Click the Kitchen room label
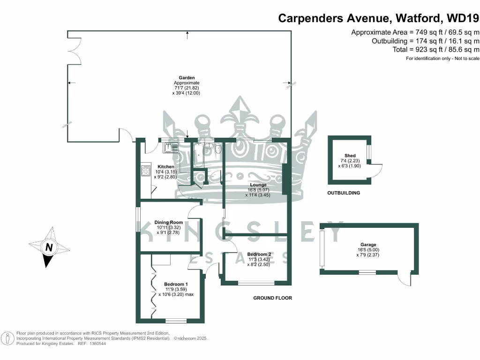point(166,167)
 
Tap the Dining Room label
point(169,222)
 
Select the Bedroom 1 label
point(176,284)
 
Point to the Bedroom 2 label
point(259,254)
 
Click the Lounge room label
point(258,185)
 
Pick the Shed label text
point(350,156)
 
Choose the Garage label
point(368,245)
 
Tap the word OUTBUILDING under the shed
point(344,193)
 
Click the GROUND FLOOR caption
point(272,298)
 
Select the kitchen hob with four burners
point(145,170)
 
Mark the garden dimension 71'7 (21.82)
point(186,88)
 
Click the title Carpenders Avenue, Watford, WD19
point(379,18)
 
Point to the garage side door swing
point(404,279)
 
